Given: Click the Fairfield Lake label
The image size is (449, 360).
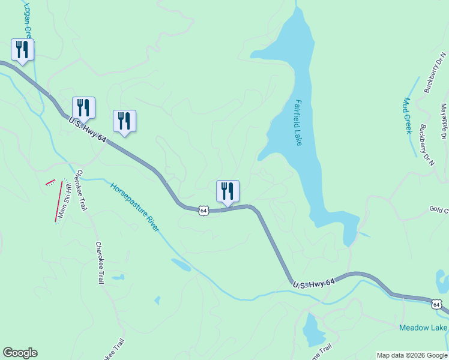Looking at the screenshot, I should pyautogui.click(x=298, y=122).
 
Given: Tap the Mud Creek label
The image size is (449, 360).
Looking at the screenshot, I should pyautogui.click(x=409, y=115).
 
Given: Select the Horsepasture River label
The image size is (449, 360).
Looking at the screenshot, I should pyautogui.click(x=135, y=206).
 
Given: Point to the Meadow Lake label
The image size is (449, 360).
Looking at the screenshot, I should pyautogui.click(x=423, y=328).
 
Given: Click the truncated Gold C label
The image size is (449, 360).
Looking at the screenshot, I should pyautogui.click(x=438, y=209).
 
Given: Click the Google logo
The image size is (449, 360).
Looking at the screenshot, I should pyautogui.click(x=20, y=353).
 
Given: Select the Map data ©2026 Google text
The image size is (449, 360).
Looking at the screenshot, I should pyautogui.click(x=412, y=355).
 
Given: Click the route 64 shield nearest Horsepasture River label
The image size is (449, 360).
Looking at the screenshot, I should pyautogui.click(x=204, y=211).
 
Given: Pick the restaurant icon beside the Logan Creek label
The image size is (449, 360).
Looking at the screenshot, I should pyautogui.click(x=22, y=50).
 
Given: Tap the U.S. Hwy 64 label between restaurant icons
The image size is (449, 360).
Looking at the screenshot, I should pyautogui.click(x=88, y=130).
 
